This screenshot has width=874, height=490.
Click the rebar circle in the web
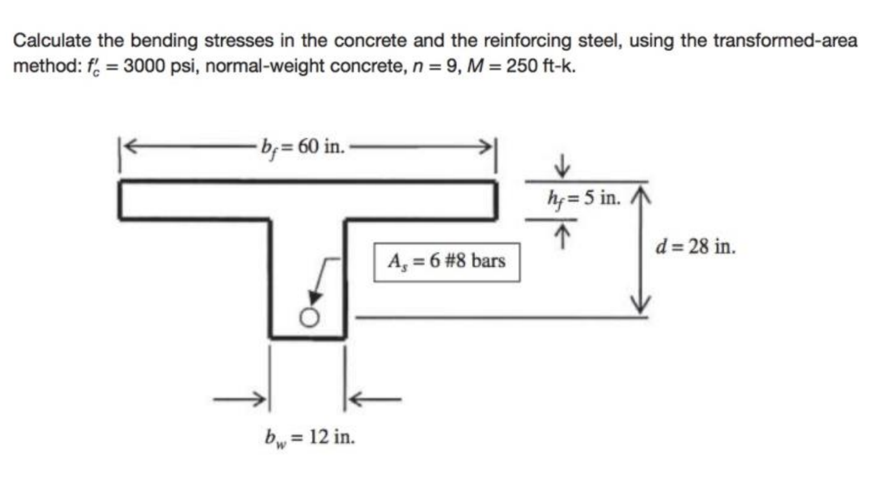point(309,318)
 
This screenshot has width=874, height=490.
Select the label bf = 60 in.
point(302,147)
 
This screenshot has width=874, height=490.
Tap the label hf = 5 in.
point(584,198)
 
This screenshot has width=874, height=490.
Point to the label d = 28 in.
point(695,247)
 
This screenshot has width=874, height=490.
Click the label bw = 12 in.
point(309,437)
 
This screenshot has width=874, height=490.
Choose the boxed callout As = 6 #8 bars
point(447,261)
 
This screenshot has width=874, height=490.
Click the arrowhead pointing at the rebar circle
point(315,299)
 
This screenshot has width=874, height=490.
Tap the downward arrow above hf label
point(561,167)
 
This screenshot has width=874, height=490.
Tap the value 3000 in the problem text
point(144,66)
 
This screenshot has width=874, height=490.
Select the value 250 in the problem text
point(522,66)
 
